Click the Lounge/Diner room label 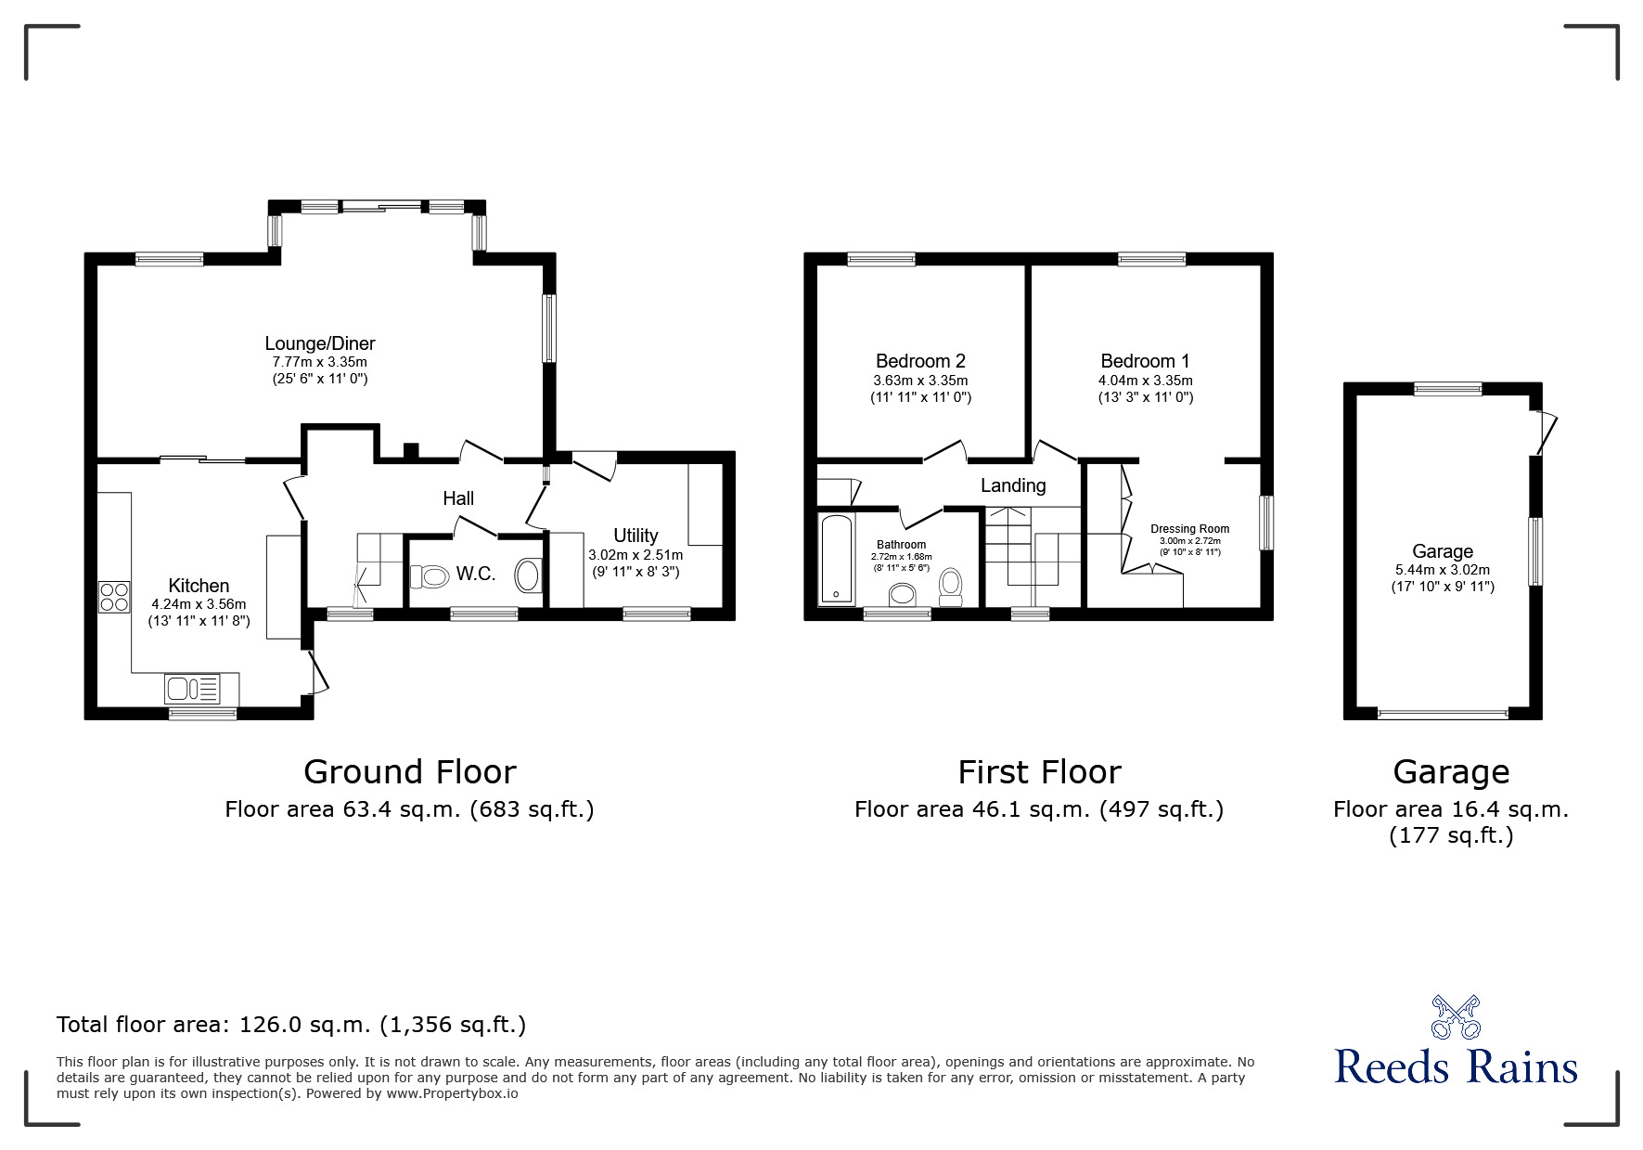(319, 343)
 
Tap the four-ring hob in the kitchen (114, 596)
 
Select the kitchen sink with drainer (192, 689)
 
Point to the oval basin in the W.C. (529, 575)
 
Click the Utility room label (635, 536)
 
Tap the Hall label (458, 498)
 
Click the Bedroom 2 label (920, 361)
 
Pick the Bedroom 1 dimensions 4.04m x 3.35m (1145, 381)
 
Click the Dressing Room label (1189, 529)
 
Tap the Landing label (1013, 485)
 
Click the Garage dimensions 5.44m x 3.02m (1442, 570)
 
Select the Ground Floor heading (409, 771)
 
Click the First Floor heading (1039, 771)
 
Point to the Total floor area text (291, 1025)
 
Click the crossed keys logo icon (1456, 1017)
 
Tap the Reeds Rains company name (1456, 1066)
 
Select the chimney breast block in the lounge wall (410, 452)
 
